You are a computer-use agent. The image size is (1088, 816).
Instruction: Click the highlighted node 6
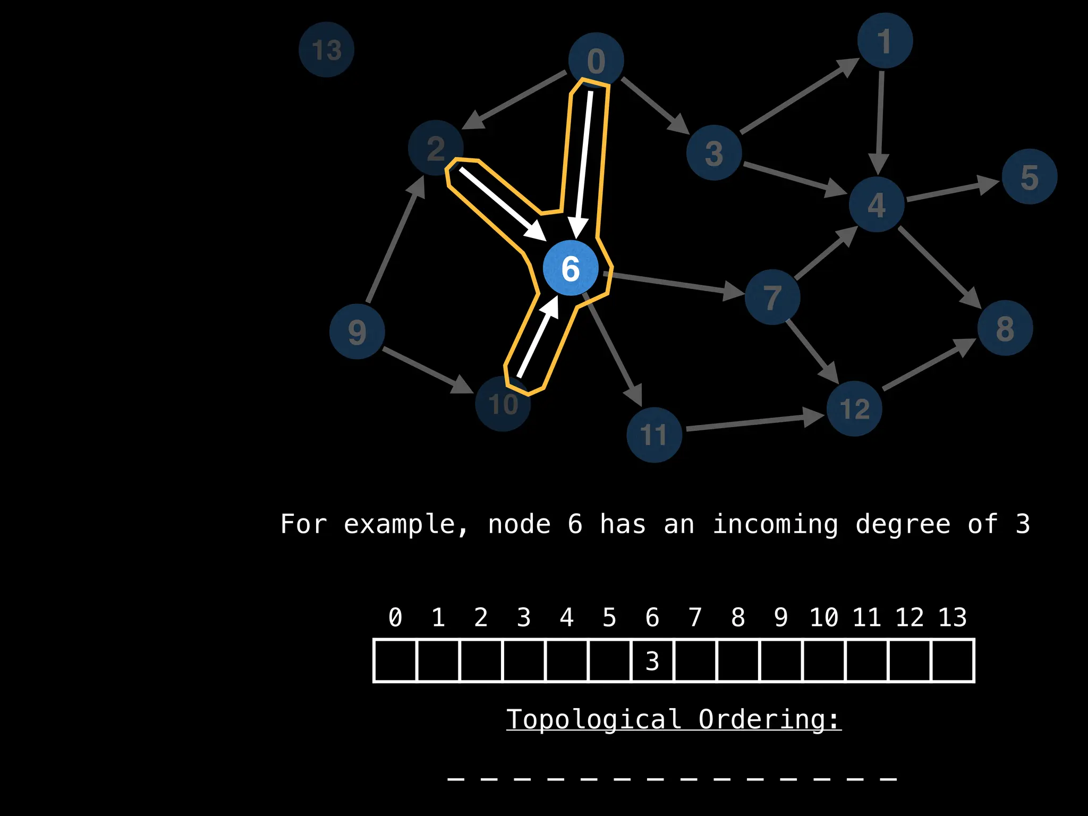tap(571, 268)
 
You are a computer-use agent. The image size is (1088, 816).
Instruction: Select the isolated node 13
tap(326, 49)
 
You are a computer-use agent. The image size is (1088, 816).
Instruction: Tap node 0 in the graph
tap(596, 59)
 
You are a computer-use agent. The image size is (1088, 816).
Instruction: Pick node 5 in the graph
tap(1029, 176)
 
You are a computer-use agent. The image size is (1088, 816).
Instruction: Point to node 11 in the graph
tap(654, 435)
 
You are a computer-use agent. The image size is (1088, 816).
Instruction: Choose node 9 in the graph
tap(357, 331)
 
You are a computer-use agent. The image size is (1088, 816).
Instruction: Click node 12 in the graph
tap(854, 409)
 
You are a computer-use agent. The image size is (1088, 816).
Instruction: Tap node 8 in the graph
tap(1005, 328)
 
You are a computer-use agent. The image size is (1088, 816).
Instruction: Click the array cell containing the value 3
tap(652, 661)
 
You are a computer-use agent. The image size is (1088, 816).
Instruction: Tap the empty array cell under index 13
tap(953, 661)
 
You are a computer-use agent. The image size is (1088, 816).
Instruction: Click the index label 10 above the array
tap(823, 617)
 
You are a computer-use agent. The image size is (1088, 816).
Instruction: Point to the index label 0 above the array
tap(395, 617)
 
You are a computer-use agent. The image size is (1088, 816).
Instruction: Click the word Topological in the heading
tap(593, 720)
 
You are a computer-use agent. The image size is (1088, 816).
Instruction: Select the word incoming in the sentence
tap(775, 524)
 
